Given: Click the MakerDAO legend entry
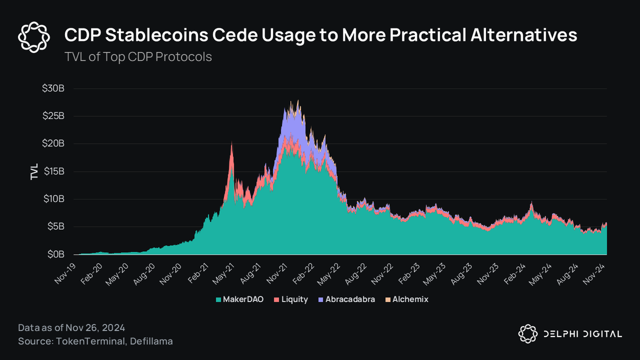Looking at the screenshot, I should pyautogui.click(x=239, y=300).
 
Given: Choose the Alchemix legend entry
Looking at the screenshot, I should pyautogui.click(x=410, y=300).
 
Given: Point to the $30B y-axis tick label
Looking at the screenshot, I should pyautogui.click(x=53, y=89).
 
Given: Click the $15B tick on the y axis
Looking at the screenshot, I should pyautogui.click(x=53, y=172).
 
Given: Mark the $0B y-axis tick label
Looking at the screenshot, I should pyautogui.click(x=55, y=255).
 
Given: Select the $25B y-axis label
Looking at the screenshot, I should pyautogui.click(x=53, y=116).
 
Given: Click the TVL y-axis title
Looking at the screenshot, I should pyautogui.click(x=35, y=172).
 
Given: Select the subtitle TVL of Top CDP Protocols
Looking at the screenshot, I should pyautogui.click(x=138, y=57).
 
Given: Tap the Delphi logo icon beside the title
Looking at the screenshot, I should pyautogui.click(x=34, y=36).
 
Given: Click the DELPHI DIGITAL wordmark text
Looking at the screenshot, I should pyautogui.click(x=581, y=334).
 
